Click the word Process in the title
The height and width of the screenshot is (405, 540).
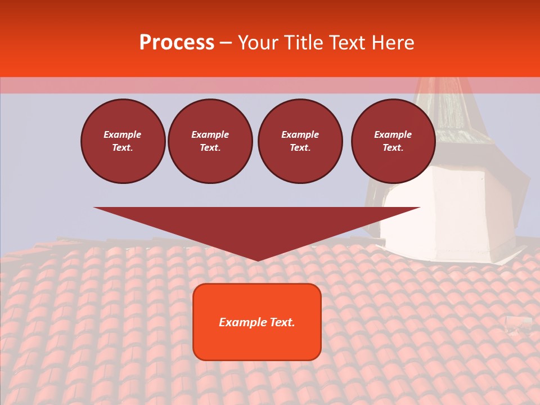(177, 43)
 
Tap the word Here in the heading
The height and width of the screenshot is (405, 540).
(392, 43)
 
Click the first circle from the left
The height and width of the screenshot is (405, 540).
(123, 141)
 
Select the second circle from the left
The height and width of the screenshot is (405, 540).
(210, 141)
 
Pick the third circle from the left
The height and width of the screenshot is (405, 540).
(300, 141)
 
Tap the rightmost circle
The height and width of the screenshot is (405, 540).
(393, 141)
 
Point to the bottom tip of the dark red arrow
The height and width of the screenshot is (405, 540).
(257, 260)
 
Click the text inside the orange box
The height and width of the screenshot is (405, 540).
(257, 322)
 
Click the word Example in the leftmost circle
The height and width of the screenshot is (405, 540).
(123, 134)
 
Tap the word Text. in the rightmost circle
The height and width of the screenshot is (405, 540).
(393, 148)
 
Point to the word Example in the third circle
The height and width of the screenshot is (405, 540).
(300, 134)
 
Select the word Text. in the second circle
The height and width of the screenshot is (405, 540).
(210, 148)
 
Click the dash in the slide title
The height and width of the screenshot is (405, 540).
(226, 43)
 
